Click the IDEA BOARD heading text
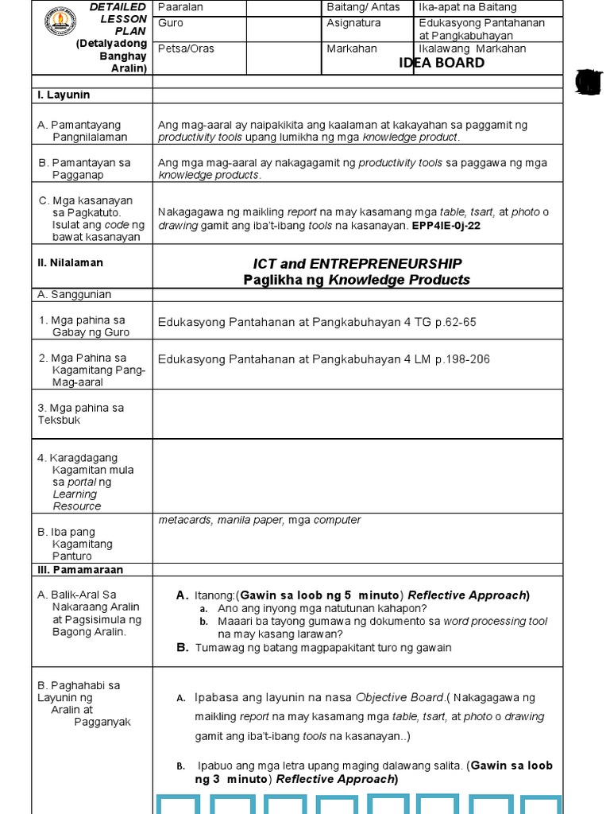(x=442, y=63)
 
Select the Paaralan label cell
(x=181, y=7)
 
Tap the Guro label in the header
(x=171, y=23)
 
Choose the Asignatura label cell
(x=353, y=23)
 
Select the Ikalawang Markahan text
(x=473, y=48)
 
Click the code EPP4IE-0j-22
(x=446, y=225)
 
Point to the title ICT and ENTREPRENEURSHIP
(x=357, y=264)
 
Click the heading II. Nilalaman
(x=70, y=262)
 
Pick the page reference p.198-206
(x=462, y=359)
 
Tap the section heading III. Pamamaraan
(x=77, y=570)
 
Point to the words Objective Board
(x=399, y=697)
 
